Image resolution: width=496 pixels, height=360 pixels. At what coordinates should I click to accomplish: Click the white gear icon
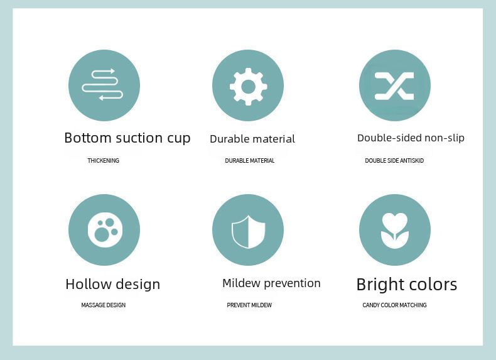pos(249,87)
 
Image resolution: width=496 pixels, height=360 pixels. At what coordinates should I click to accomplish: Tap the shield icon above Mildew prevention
pos(249,232)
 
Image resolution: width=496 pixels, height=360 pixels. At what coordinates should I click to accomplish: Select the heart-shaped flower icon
pos(395,231)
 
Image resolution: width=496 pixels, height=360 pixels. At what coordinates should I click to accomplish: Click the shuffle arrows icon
pos(394,86)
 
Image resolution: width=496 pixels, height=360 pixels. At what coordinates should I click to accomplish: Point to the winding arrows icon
pos(102,85)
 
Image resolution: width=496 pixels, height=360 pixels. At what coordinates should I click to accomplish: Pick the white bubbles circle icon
pos(105,230)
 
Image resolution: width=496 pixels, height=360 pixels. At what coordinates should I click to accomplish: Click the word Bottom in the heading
pos(88,138)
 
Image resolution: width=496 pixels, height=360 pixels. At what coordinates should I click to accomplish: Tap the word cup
pos(179,139)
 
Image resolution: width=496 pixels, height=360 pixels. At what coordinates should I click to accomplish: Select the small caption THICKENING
pos(104,161)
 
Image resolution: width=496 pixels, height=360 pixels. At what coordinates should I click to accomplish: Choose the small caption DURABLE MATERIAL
pos(250,161)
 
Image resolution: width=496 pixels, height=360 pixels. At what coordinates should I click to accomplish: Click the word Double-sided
pos(389,138)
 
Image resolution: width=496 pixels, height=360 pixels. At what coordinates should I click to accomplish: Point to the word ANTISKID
pos(412,161)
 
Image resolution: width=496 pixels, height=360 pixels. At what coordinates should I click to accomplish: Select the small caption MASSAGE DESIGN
pos(104,305)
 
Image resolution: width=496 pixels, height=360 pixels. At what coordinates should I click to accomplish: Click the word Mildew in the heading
pos(241,283)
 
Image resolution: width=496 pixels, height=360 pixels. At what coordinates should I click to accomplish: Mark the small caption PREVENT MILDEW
pos(249,305)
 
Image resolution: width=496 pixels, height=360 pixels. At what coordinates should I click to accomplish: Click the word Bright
pos(379,285)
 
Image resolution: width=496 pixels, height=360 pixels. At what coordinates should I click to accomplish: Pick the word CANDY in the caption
pos(370,305)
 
